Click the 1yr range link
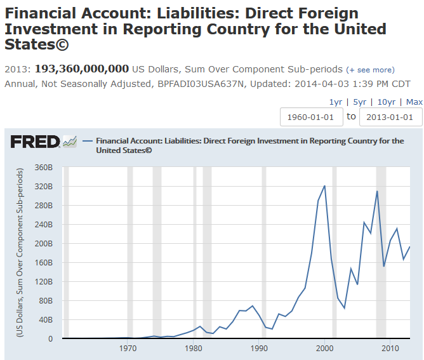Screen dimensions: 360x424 (336, 102)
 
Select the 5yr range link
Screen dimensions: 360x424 (360, 102)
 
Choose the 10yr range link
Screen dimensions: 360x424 (386, 102)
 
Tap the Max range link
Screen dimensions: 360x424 (414, 102)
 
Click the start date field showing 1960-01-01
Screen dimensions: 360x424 (311, 117)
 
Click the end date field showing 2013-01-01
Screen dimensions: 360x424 (390, 117)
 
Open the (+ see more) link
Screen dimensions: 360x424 (370, 70)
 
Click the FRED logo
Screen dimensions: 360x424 (36, 142)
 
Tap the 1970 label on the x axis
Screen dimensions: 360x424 (128, 349)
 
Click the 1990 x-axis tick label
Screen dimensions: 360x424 (259, 349)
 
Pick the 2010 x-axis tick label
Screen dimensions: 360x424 (390, 349)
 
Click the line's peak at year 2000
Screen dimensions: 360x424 (324, 186)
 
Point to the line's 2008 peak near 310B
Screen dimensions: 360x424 (377, 191)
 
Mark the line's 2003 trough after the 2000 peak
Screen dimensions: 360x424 (344, 308)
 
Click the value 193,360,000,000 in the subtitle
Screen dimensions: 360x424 (82, 69)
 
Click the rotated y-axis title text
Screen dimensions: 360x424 (20, 253)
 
